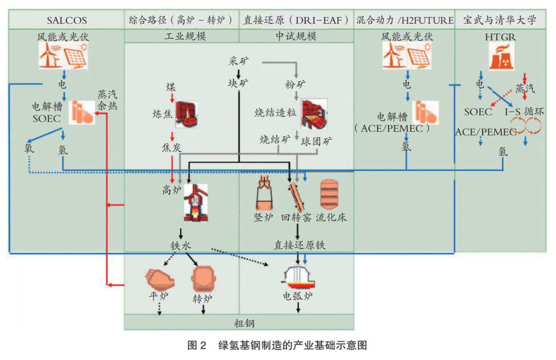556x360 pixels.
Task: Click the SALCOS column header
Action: coord(66,21)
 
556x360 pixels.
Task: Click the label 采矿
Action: coord(239,61)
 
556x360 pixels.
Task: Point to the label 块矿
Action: coord(239,83)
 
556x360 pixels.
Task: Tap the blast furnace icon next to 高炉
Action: coord(195,202)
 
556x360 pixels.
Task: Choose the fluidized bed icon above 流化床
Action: coord(329,194)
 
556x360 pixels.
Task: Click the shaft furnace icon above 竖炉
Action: coord(264,194)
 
